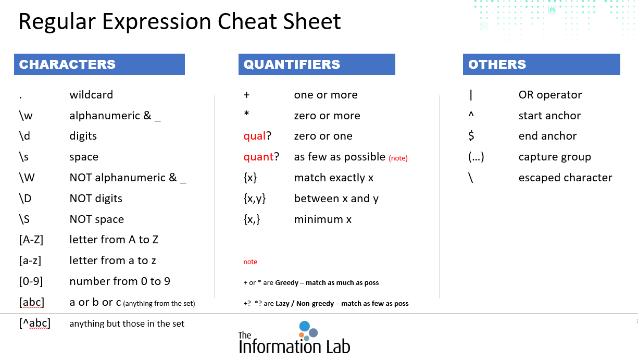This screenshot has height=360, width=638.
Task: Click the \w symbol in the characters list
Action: tap(26, 115)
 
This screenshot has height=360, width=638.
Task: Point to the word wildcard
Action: tap(91, 94)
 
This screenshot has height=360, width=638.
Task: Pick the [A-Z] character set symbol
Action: tap(31, 240)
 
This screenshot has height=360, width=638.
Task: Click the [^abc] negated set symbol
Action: tap(35, 323)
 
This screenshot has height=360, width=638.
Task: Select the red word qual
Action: tap(254, 136)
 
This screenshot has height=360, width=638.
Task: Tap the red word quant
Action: tap(258, 157)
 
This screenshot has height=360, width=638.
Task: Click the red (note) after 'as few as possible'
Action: tap(398, 158)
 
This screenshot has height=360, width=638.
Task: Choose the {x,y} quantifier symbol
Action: tap(255, 198)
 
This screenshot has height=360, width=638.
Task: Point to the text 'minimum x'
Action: tap(323, 219)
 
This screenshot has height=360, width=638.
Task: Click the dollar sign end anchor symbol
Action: tap(471, 136)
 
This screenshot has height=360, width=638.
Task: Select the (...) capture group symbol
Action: tap(476, 157)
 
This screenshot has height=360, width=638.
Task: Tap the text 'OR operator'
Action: tap(550, 94)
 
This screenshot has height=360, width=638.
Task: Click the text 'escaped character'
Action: tap(565, 178)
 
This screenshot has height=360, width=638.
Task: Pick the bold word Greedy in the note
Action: tap(286, 282)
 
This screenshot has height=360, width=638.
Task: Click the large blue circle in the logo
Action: tap(305, 326)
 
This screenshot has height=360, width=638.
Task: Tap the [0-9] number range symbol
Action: tap(31, 281)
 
